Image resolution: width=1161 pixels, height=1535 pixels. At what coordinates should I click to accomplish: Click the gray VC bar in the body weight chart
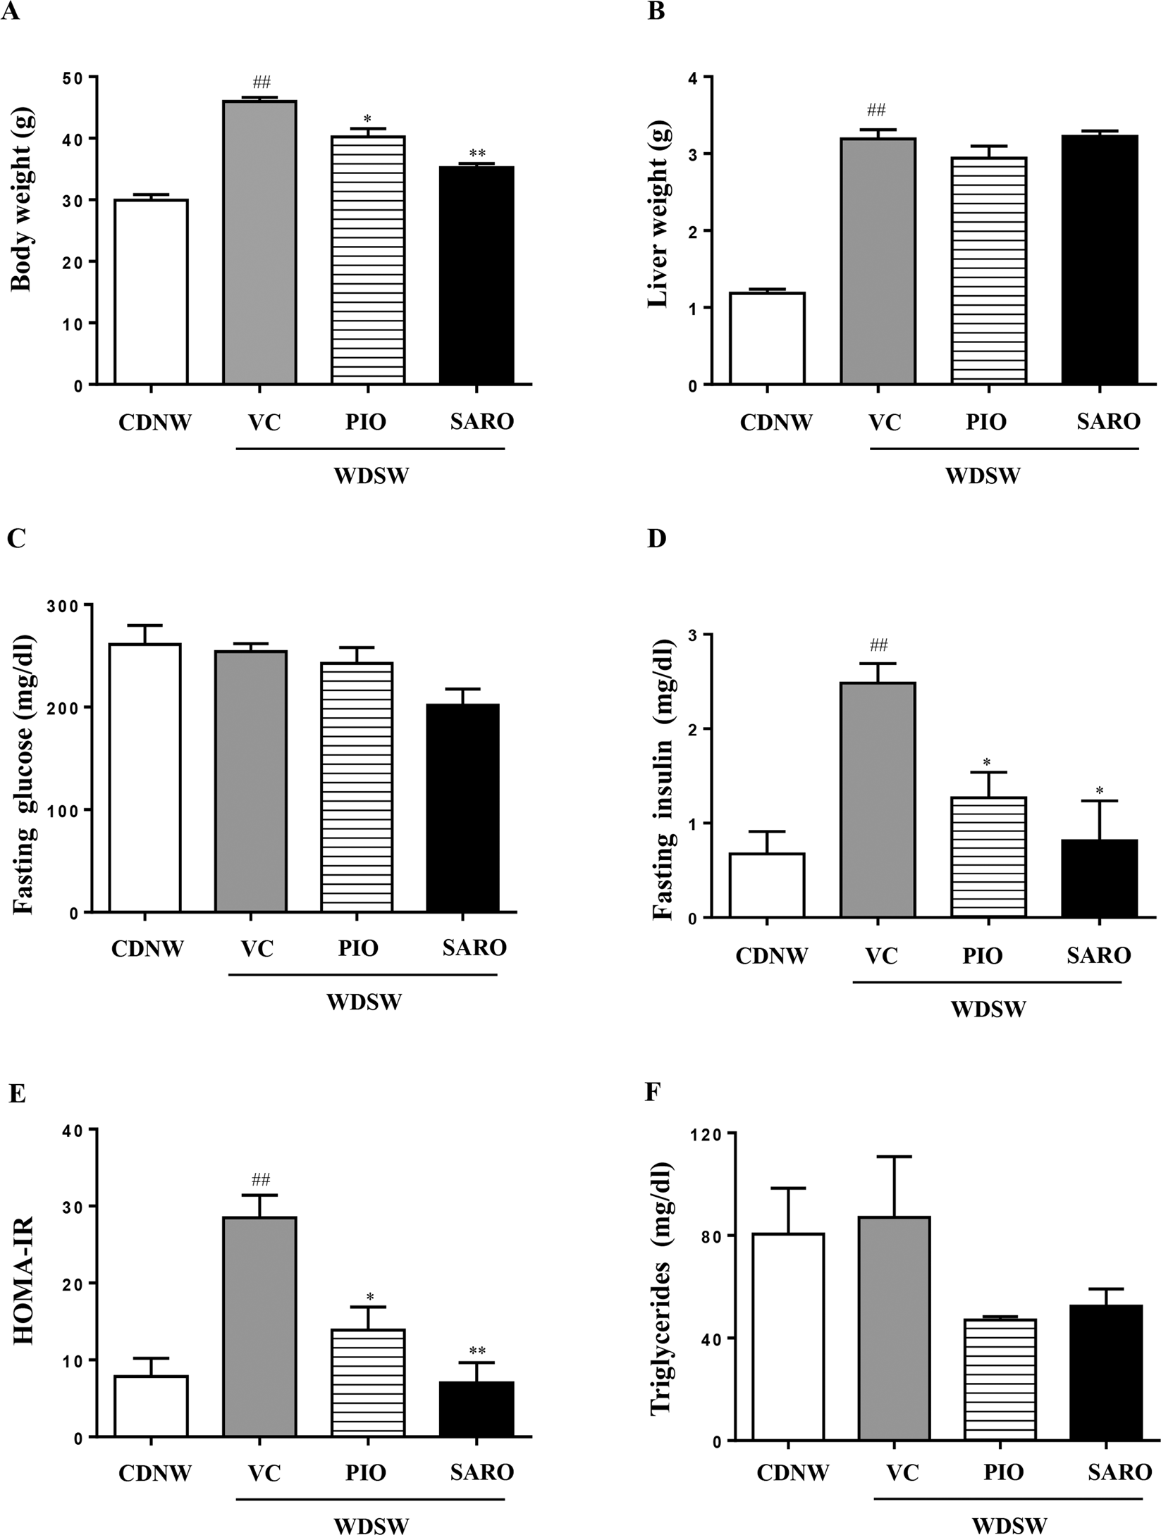259,242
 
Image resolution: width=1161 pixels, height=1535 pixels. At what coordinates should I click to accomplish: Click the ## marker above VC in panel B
876,110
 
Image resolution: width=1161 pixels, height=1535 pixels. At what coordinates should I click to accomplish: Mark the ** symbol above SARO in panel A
477,154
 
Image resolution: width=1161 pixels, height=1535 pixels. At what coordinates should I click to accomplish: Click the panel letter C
16,538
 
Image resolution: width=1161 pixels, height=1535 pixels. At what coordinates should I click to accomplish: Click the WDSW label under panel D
988,1009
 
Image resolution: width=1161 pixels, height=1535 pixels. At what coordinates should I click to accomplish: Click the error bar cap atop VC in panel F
895,1157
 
